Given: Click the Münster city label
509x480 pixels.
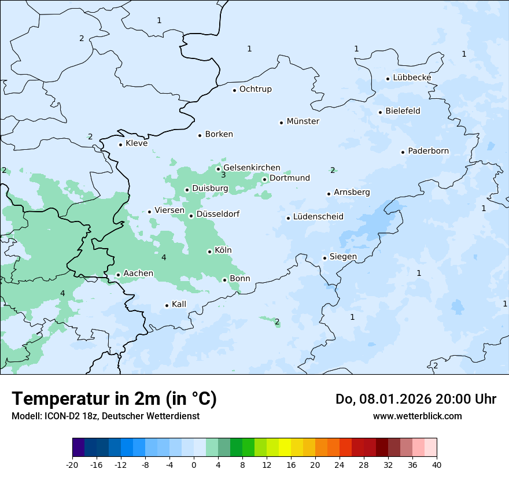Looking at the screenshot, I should tap(303, 121).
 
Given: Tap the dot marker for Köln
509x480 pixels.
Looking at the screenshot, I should tap(209, 252).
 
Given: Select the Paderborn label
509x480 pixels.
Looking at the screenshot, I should tap(428, 151).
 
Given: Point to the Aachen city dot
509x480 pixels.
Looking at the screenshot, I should tap(118, 275).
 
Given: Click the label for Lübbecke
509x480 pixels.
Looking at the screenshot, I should tap(412, 77).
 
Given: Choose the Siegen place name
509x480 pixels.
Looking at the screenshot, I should tap(343, 257).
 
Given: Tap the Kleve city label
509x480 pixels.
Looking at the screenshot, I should tap(137, 143).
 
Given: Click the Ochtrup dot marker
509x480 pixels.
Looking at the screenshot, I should tap(234, 90).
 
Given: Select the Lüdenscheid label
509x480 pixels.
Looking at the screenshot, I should tap(318, 217).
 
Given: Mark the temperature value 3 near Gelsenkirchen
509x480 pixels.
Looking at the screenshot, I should tap(223, 175).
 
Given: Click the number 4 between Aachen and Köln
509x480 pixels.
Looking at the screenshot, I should tap(164, 257).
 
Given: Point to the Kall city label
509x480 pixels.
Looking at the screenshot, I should tap(179, 304).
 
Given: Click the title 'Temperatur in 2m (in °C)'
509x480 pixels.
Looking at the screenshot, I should tap(115, 398).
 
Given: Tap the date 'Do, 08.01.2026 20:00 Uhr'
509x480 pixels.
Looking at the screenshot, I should tap(415, 399).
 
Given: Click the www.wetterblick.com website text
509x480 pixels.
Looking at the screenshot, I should tap(417, 416).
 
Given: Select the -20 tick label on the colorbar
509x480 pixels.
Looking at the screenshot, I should tap(72, 464).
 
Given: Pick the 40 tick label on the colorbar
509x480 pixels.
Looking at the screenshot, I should tap(437, 464).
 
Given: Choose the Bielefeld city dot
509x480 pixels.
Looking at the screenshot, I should tap(380, 112).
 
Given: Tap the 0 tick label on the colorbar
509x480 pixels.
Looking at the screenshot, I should tap(194, 464).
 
